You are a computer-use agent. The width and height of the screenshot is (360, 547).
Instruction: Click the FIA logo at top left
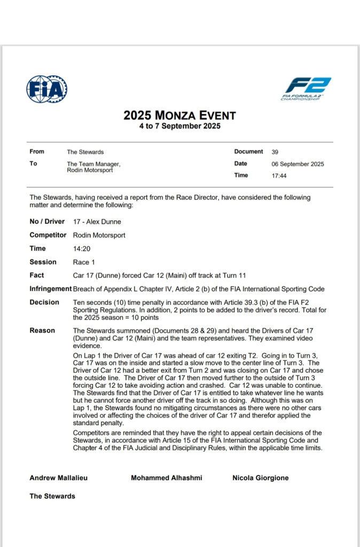(x=46, y=89)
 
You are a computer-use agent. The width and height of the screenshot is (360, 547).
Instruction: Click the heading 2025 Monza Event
(x=179, y=115)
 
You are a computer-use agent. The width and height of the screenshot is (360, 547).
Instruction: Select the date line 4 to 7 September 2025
(x=179, y=127)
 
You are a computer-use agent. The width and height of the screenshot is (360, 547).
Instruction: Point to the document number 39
(x=275, y=152)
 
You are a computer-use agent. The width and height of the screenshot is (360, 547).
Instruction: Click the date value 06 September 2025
(x=298, y=164)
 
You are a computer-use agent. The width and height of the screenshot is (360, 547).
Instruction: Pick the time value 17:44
(x=279, y=176)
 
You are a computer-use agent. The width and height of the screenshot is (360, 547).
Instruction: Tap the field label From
(x=37, y=152)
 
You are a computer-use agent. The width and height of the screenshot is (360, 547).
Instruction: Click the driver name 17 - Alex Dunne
(x=97, y=222)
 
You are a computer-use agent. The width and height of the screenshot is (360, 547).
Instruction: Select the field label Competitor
(x=48, y=235)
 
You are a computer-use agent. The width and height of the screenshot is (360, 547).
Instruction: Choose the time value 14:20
(x=82, y=248)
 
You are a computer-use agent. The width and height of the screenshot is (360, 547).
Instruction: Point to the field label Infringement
(x=50, y=289)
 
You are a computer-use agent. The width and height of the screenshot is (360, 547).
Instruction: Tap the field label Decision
(x=44, y=302)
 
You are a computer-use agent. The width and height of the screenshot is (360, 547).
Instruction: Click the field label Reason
(x=42, y=331)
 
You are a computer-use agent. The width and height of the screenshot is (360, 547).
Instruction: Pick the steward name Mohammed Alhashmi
(x=166, y=478)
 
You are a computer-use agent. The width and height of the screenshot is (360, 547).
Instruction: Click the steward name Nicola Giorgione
(x=260, y=478)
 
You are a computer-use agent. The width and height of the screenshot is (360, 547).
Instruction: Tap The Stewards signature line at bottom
(x=52, y=496)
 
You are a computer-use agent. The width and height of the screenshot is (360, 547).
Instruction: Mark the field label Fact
(x=37, y=276)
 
